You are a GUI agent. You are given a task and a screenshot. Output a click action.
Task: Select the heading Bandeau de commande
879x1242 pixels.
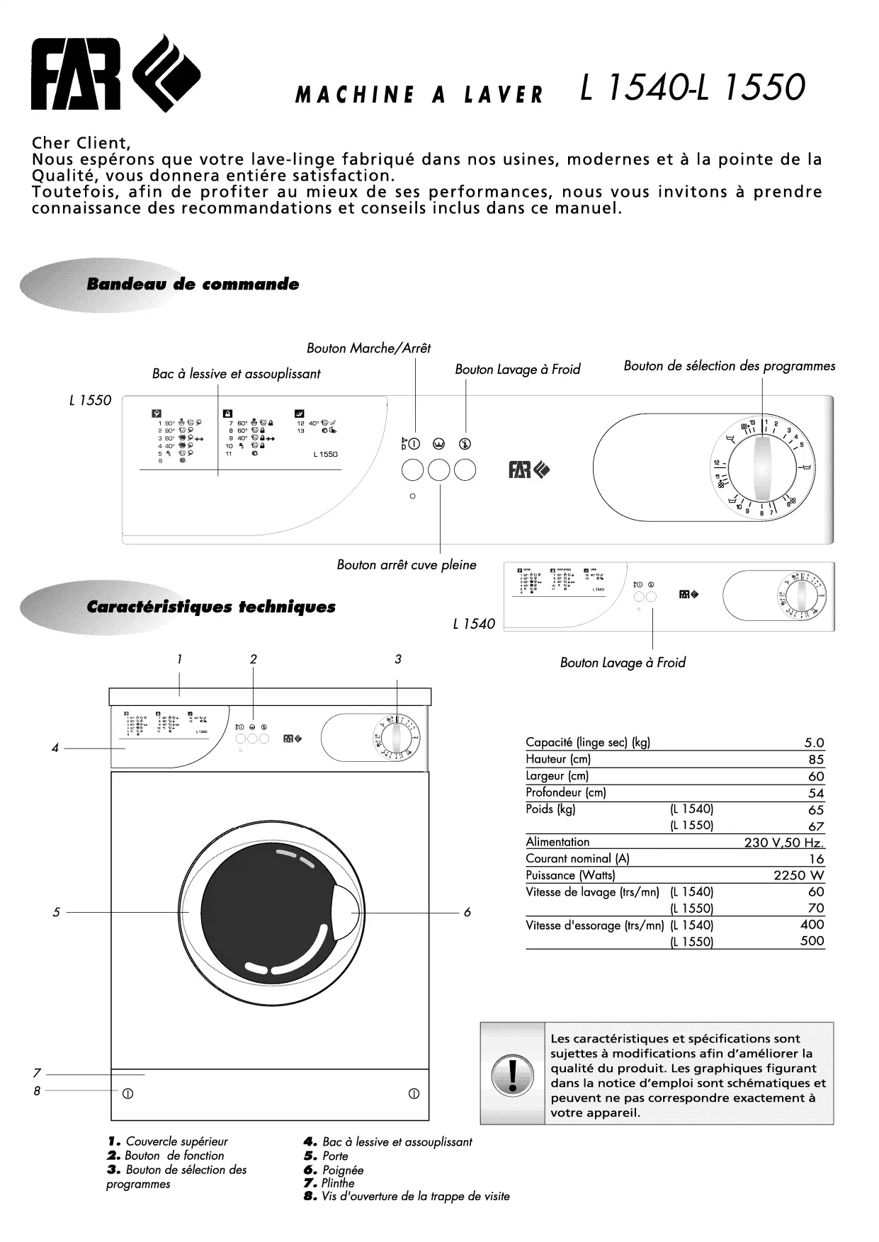click(x=192, y=285)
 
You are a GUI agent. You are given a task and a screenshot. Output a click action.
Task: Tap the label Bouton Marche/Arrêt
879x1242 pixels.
click(x=368, y=348)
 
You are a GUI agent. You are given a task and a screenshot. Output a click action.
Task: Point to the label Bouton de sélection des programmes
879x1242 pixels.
click(x=729, y=366)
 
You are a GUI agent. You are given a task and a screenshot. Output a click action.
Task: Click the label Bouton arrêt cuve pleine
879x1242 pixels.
click(x=406, y=565)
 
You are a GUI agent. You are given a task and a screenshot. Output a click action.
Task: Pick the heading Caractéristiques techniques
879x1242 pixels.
click(x=210, y=607)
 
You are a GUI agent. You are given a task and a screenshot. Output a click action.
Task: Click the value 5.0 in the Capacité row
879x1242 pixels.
click(x=814, y=743)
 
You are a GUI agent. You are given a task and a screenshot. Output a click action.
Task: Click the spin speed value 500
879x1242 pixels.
click(x=812, y=941)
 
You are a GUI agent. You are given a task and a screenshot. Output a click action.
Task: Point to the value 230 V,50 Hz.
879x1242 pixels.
click(x=784, y=843)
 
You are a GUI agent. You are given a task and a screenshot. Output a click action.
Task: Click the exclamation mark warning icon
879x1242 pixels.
click(x=512, y=1073)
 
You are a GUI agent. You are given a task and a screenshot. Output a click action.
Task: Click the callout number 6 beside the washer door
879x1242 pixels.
click(x=467, y=912)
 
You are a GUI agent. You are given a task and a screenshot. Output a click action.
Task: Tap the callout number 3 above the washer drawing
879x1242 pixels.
click(x=398, y=659)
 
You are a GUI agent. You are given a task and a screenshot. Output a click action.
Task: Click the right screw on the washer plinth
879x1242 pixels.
click(x=414, y=1094)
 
